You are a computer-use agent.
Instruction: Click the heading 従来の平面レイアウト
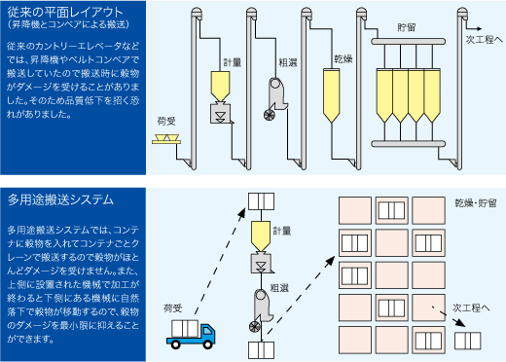click(65, 12)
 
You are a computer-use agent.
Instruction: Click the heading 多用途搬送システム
click(60, 199)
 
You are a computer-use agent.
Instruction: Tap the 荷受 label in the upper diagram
click(166, 122)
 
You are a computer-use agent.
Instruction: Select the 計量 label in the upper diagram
click(233, 62)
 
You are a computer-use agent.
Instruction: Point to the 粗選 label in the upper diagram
click(288, 62)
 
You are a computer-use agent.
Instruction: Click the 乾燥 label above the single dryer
click(343, 59)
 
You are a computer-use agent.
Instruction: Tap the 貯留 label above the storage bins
click(407, 27)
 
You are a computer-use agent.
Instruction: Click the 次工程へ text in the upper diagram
click(485, 40)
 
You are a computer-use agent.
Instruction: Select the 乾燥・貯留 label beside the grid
click(476, 203)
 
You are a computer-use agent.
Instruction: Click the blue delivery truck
click(191, 334)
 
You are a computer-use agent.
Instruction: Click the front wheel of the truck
click(207, 344)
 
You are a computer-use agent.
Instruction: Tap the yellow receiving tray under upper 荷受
click(166, 139)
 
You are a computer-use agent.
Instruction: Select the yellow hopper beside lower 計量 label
click(261, 236)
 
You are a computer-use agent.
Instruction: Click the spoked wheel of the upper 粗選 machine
click(270, 115)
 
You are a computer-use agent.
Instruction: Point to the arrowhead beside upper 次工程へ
click(479, 29)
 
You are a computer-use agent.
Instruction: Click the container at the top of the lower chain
click(262, 201)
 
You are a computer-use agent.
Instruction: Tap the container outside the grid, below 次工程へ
click(467, 341)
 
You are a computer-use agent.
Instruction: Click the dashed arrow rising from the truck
click(220, 262)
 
